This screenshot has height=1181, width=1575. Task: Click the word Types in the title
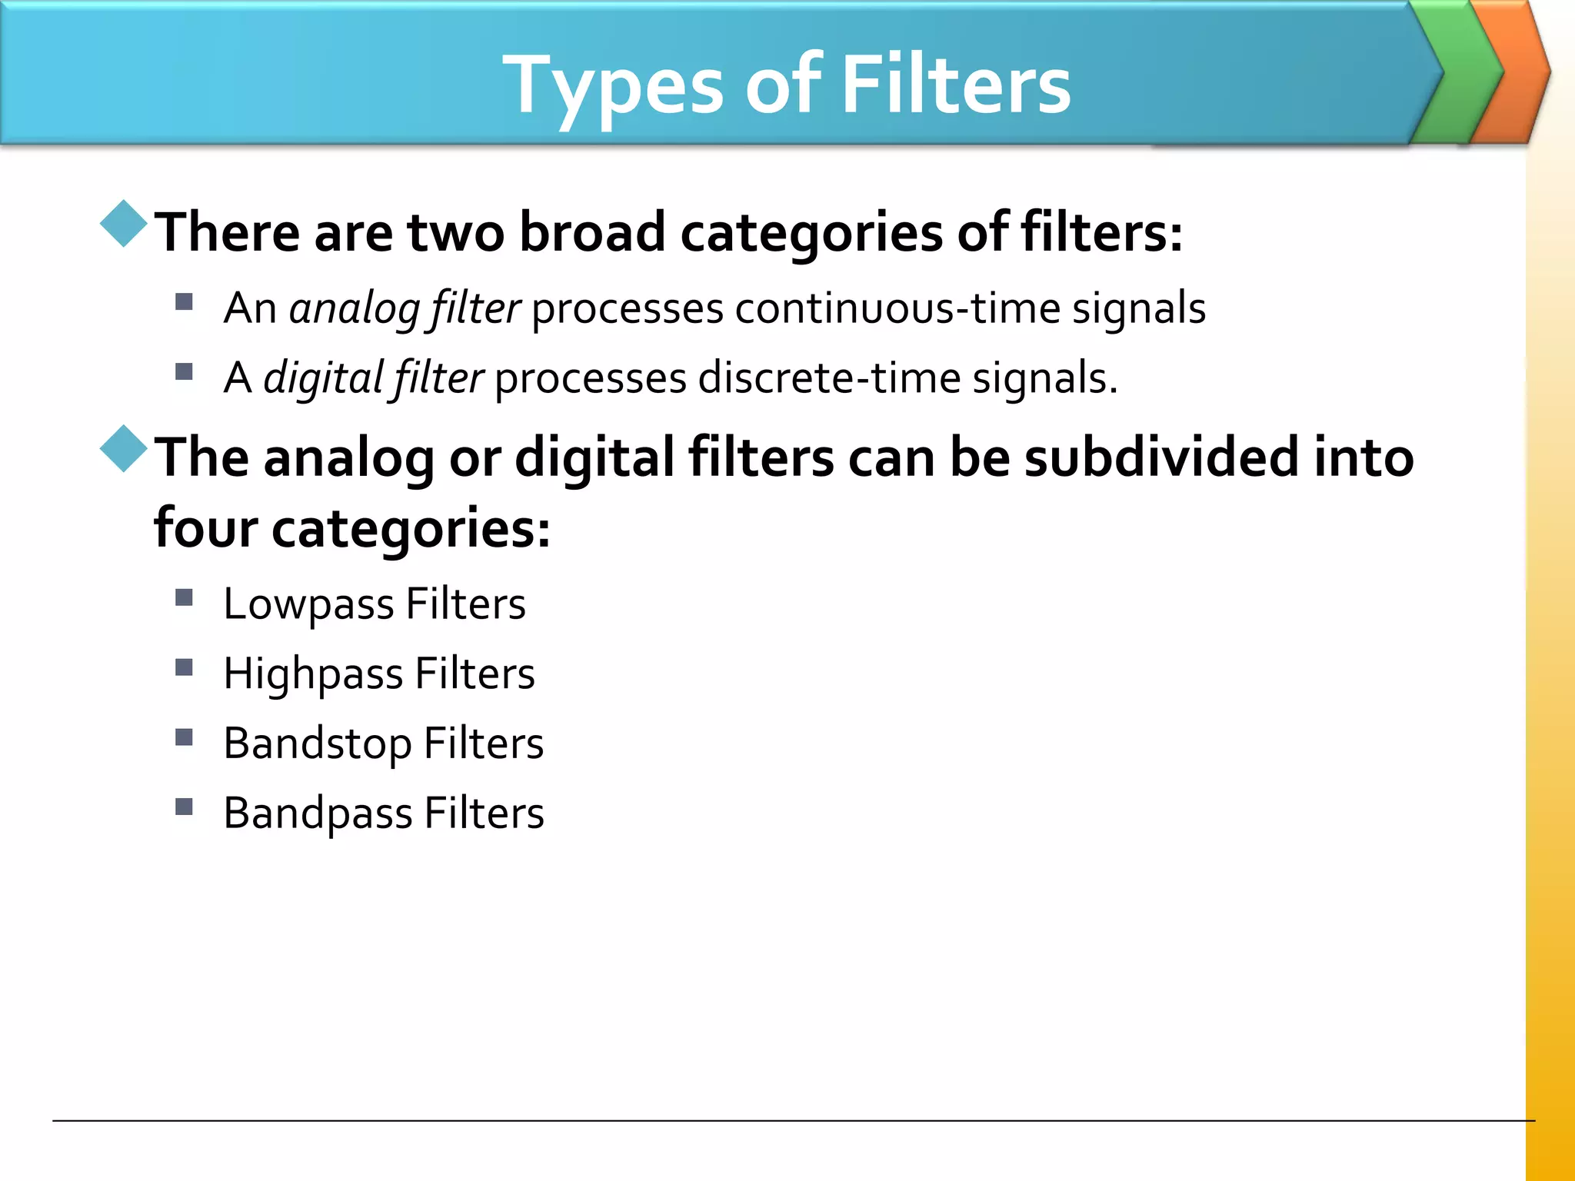tap(612, 86)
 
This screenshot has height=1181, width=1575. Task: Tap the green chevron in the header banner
tap(1460, 73)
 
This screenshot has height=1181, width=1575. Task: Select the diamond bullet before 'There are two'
tap(124, 224)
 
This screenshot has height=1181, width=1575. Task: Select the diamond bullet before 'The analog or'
tap(124, 448)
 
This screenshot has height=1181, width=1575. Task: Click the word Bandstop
tap(318, 744)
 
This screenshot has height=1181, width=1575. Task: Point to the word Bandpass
tap(318, 814)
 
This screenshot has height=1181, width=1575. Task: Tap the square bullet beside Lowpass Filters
tap(184, 597)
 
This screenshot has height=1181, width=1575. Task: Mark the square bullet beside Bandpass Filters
tap(184, 807)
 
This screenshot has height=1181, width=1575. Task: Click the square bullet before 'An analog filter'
tap(184, 301)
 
